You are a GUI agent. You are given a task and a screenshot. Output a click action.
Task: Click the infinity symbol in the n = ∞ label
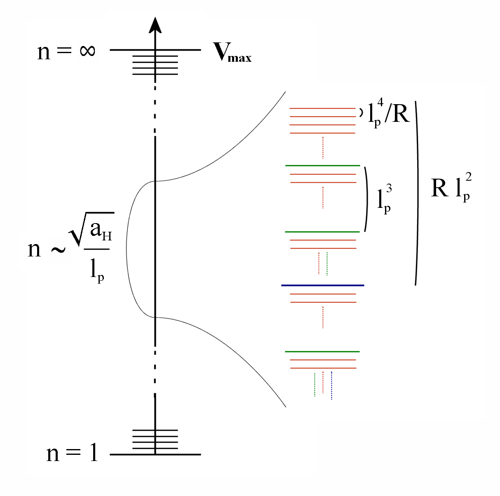88,51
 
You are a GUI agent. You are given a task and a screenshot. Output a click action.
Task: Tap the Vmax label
232,52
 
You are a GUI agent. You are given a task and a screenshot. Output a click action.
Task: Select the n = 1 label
73,453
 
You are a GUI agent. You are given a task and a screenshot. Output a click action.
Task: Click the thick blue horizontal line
322,285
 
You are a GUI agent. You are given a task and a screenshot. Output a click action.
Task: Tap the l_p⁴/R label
389,113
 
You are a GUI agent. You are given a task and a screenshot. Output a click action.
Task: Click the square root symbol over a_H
78,231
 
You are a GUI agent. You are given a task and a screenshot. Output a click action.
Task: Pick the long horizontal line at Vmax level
155,50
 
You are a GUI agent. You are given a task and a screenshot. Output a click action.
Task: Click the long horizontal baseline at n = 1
155,454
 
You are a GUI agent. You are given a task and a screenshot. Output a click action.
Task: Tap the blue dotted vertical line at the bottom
331,385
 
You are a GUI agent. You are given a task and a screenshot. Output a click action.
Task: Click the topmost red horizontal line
322,108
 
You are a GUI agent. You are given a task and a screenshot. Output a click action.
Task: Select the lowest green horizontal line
322,352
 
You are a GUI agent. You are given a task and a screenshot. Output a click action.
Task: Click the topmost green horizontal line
322,165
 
